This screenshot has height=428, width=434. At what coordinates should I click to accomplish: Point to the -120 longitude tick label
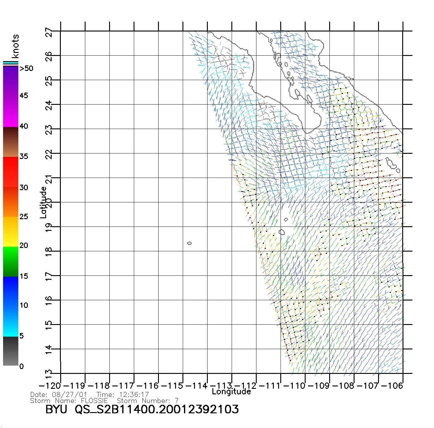[x=50, y=386]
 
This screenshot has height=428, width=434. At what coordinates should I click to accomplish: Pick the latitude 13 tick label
[x=49, y=373]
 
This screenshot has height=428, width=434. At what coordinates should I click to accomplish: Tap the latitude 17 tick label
[x=49, y=276]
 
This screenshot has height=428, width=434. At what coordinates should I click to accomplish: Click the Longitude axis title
[x=231, y=392]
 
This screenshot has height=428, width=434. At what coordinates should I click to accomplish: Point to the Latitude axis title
[x=43, y=202]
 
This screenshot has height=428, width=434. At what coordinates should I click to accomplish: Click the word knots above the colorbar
[x=15, y=46]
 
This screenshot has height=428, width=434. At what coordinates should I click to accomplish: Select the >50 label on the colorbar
[x=26, y=68]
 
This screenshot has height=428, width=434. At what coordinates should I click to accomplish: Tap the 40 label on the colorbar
[x=24, y=126]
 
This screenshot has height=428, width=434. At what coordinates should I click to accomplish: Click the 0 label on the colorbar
[x=21, y=366]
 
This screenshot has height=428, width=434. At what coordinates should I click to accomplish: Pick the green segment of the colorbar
[x=11, y=261]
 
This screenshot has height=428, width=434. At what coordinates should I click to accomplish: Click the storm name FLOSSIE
[x=94, y=400]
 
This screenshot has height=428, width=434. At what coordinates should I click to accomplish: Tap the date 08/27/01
[x=69, y=395]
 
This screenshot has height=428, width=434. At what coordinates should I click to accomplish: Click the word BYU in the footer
[x=56, y=409]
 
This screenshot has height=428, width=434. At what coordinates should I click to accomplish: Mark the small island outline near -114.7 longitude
[x=189, y=243]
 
